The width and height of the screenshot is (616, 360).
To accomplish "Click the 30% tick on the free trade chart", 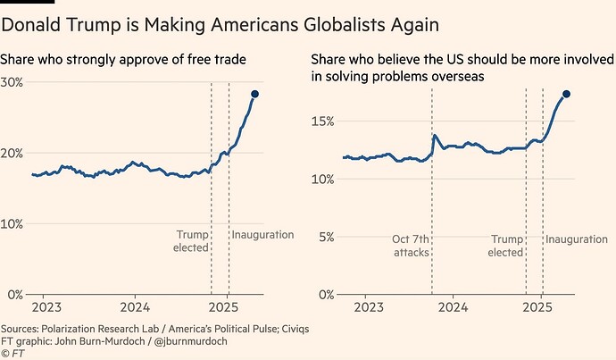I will (12, 81).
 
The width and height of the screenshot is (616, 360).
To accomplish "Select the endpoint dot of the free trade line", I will (254, 94).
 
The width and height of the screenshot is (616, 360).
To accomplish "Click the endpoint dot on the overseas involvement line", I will (566, 94).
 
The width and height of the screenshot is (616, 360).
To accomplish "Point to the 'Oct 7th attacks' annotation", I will (410, 246).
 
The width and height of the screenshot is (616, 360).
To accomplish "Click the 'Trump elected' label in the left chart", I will (190, 241).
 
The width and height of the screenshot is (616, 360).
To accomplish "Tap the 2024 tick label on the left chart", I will (135, 306).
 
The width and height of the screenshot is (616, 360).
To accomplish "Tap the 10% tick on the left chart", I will (12, 223).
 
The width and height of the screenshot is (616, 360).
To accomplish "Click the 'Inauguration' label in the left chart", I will (263, 235).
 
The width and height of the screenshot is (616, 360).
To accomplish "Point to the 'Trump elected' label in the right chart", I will (505, 246).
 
